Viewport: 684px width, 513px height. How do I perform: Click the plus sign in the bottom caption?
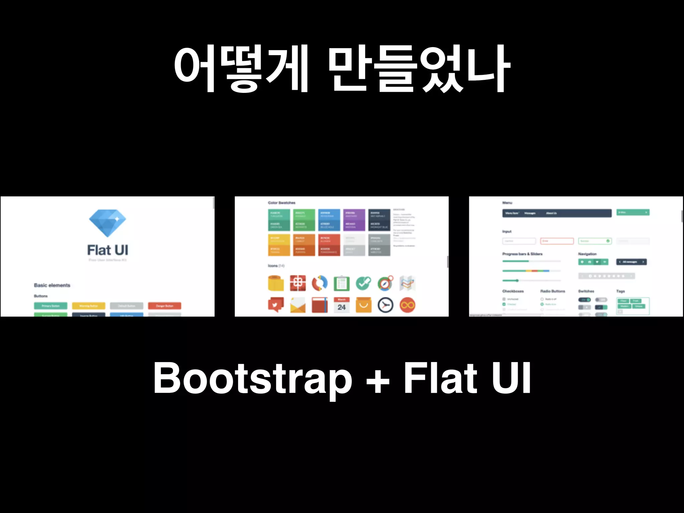pos(378,381)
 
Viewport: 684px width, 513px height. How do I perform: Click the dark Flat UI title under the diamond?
pos(108,250)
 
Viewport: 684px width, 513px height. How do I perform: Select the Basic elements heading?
pos(52,285)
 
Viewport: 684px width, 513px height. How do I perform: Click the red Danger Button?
pos(164,306)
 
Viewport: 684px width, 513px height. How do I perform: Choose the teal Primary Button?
pos(50,306)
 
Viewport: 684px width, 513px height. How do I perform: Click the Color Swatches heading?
pos(282,203)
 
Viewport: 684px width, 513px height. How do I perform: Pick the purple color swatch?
pos(354,220)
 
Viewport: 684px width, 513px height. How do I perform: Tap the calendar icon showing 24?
pos(341,305)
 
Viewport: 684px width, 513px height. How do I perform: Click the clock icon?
pos(385,305)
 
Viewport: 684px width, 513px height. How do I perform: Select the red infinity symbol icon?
pos(407,305)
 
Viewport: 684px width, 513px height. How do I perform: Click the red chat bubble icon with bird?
pos(276,305)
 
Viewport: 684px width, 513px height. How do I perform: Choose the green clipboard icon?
pos(341,284)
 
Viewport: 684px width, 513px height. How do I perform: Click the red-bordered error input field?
pos(557,241)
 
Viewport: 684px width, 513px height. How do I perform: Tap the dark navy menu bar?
pos(557,213)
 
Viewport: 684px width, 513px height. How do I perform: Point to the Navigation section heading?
pos(587,254)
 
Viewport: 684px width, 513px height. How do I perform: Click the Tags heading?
pos(620,291)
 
